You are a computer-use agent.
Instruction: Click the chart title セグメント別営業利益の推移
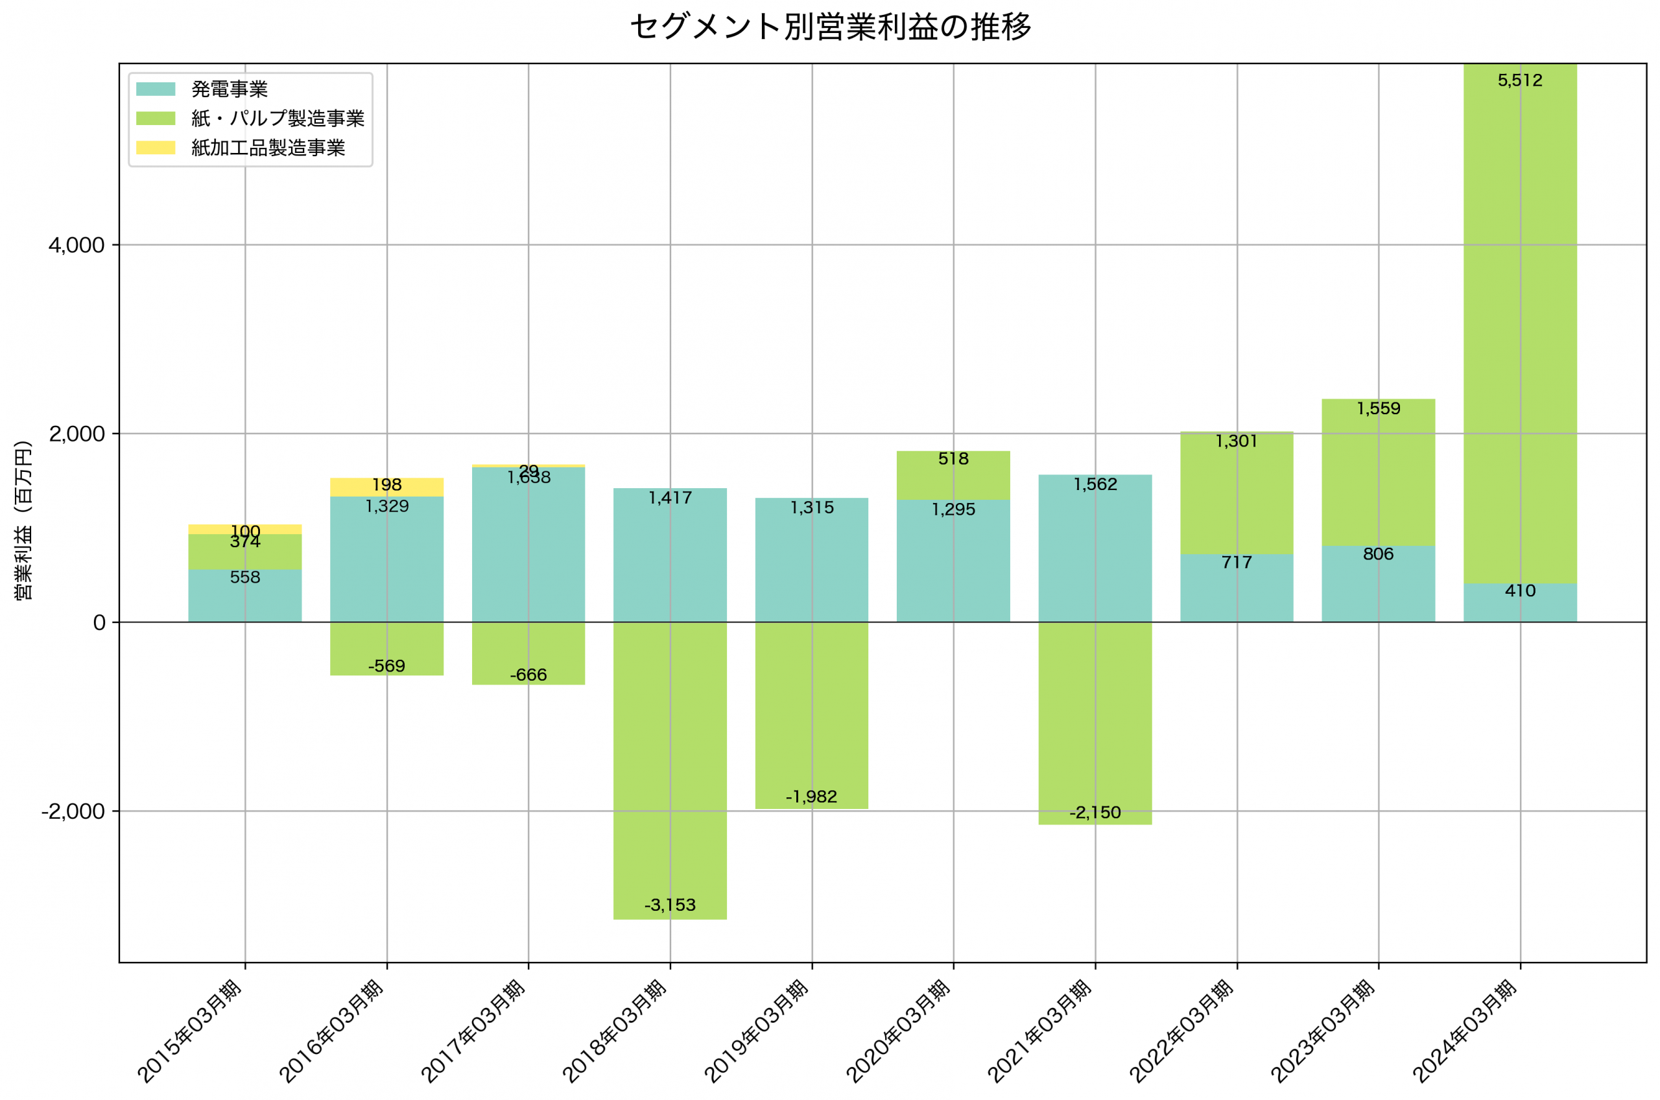point(830,27)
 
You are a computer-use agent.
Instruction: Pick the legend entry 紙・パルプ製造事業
point(277,119)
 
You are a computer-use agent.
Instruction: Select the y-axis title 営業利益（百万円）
point(23,520)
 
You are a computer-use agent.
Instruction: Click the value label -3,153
point(670,905)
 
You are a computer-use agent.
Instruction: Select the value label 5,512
point(1520,80)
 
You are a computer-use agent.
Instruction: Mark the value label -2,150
point(1095,812)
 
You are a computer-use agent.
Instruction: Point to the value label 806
point(1378,554)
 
